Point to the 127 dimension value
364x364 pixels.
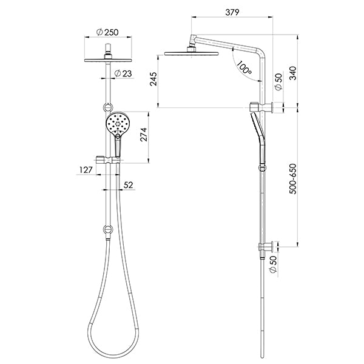point(85,170)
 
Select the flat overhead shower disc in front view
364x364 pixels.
point(107,59)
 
